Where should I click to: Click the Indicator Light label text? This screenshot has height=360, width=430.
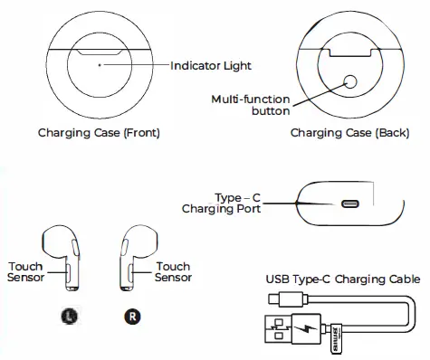(x=211, y=66)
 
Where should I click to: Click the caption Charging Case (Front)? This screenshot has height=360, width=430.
(x=99, y=133)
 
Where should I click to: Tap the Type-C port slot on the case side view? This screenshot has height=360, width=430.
(x=348, y=204)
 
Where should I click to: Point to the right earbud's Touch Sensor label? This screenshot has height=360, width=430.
(x=173, y=272)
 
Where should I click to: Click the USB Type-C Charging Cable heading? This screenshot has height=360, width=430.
(x=342, y=279)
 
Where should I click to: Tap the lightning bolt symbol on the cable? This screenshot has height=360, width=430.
(x=307, y=327)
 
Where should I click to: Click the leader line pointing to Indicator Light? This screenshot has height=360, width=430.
(x=136, y=66)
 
